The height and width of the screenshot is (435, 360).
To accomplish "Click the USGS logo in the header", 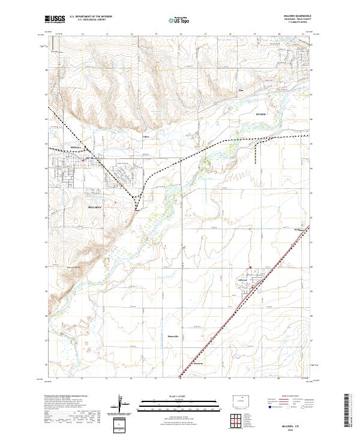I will click(55, 19).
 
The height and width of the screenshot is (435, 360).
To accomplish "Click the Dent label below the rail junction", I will click(137, 210).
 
